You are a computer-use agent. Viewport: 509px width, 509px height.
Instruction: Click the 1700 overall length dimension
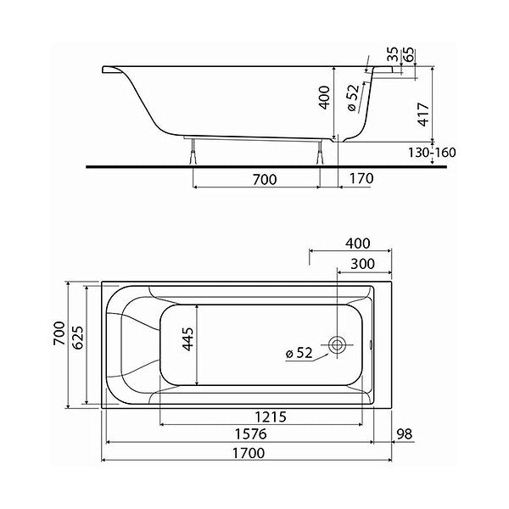pyautogui.click(x=249, y=453)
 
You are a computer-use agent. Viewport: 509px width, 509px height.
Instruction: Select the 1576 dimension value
pyautogui.click(x=250, y=434)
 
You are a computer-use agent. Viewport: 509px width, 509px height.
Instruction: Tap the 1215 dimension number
pyautogui.click(x=271, y=417)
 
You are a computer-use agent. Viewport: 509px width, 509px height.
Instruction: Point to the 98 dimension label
pyautogui.click(x=405, y=433)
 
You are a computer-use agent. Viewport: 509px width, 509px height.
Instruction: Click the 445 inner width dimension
pyautogui.click(x=187, y=339)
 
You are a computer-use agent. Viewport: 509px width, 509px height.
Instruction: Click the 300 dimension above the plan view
pyautogui.click(x=362, y=264)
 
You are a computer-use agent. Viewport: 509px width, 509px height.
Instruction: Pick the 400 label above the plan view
pyautogui.click(x=357, y=243)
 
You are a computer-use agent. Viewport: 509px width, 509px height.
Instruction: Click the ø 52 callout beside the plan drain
pyautogui.click(x=299, y=353)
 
